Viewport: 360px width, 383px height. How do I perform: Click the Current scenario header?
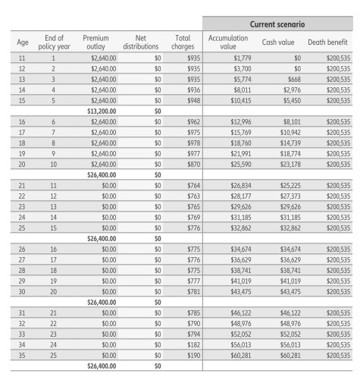pyautogui.click(x=280, y=24)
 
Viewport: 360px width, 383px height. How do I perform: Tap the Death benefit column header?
pyautogui.click(x=327, y=41)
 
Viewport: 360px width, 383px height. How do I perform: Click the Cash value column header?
pyautogui.click(x=278, y=41)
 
